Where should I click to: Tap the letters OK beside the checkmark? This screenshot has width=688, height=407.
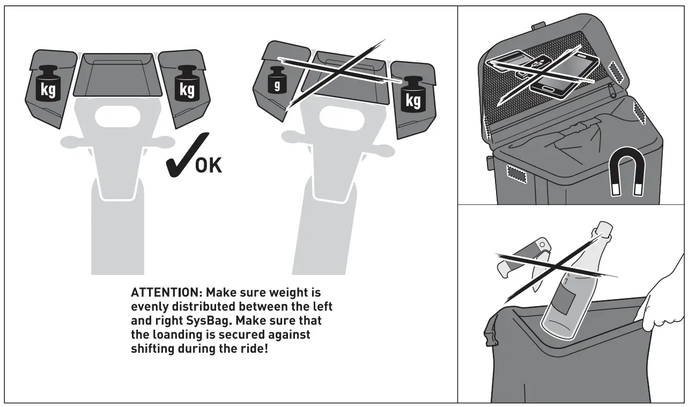[x=208, y=165]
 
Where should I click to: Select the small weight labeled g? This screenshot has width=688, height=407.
[x=277, y=79]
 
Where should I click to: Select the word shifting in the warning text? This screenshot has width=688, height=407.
[x=154, y=348]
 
